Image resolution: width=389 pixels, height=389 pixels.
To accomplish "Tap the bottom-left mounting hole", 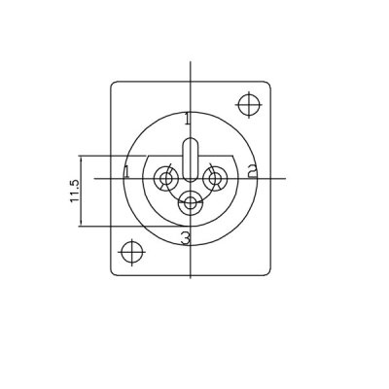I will tap(129, 251).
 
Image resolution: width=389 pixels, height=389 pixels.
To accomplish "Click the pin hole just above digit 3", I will tap(191, 202).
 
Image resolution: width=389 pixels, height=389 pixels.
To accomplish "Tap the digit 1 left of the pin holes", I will tap(127, 173).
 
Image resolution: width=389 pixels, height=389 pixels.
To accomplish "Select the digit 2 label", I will tap(251, 173).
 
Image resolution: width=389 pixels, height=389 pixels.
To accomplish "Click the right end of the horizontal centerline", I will tap(283, 179).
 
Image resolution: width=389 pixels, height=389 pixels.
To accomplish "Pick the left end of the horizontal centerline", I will tap(94, 179).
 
